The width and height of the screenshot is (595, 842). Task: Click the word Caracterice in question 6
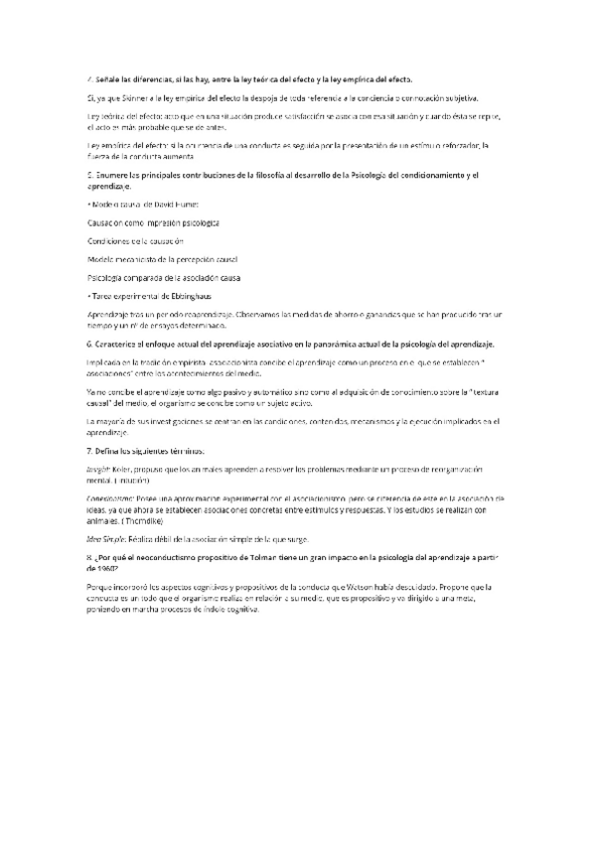115,344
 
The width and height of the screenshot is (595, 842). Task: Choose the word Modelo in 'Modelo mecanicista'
100,258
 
